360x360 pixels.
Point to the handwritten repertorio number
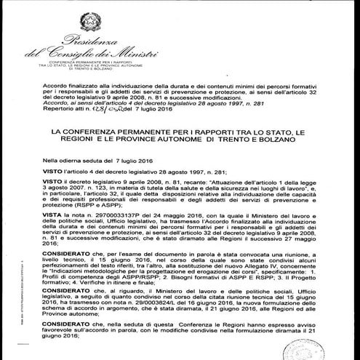tap(103, 116)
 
